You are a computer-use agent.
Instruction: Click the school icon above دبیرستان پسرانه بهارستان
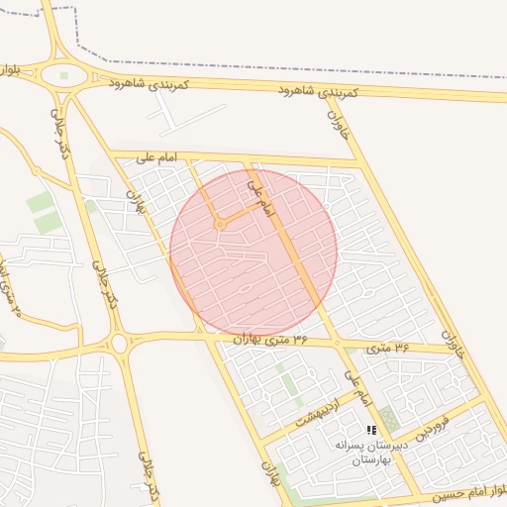[x=371, y=430]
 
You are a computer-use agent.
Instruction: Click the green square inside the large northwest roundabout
[x=64, y=75]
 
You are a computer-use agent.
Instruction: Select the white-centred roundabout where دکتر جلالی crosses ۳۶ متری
[x=120, y=344]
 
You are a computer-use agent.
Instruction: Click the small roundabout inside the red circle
[x=220, y=226]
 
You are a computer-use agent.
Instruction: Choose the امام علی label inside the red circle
[x=258, y=195]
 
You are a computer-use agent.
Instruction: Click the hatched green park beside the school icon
[x=388, y=418]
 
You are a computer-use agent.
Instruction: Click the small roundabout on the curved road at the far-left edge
[x=38, y=171]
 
